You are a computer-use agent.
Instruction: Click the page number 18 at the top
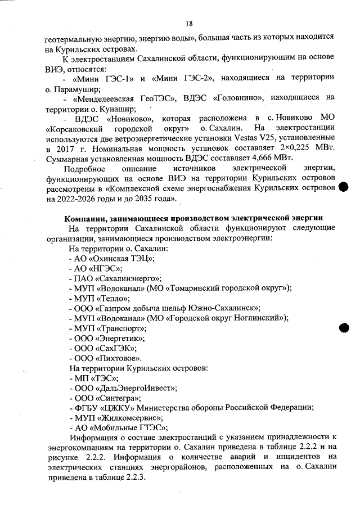click(189, 23)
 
